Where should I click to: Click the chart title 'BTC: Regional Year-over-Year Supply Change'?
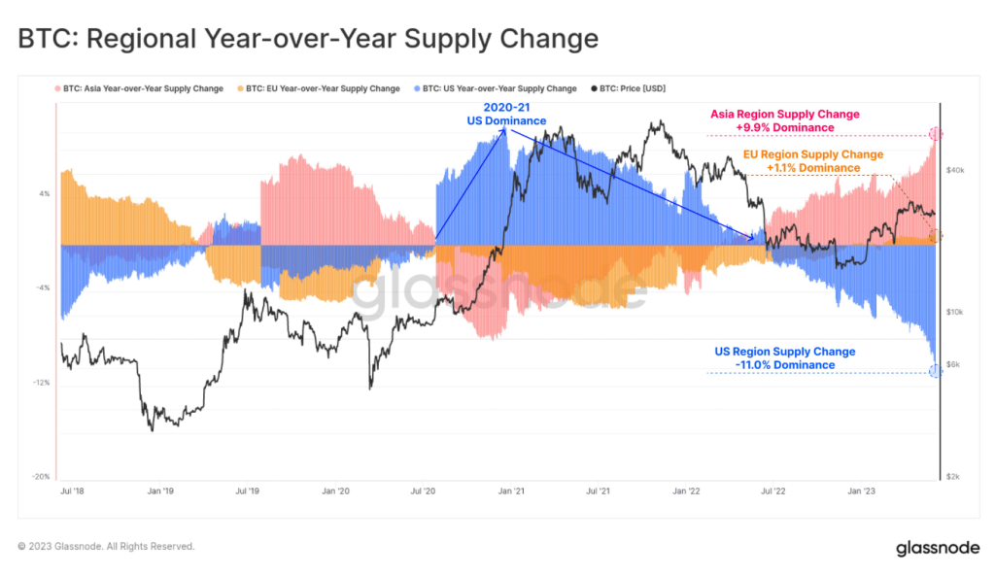coord(307,39)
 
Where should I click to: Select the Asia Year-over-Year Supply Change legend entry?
coord(142,88)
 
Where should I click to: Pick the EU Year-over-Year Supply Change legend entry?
coord(322,88)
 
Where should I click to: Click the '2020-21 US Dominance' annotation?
coord(504,115)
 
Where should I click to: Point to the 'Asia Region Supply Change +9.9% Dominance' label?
coord(785,120)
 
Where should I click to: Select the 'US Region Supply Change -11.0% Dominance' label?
coord(785,357)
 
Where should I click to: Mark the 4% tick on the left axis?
coord(44,193)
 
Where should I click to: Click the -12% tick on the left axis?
coord(42,383)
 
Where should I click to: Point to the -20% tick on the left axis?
coord(42,477)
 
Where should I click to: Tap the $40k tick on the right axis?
coord(954,170)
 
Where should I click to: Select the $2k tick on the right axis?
coord(954,477)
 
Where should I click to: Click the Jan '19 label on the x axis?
coord(159,491)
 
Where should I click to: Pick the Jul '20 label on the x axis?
coord(423,491)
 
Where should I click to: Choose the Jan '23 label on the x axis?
coord(862,491)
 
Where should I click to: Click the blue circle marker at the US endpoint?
coord(935,371)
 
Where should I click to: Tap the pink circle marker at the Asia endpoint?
coord(935,133)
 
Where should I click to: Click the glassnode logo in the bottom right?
coord(938,548)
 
